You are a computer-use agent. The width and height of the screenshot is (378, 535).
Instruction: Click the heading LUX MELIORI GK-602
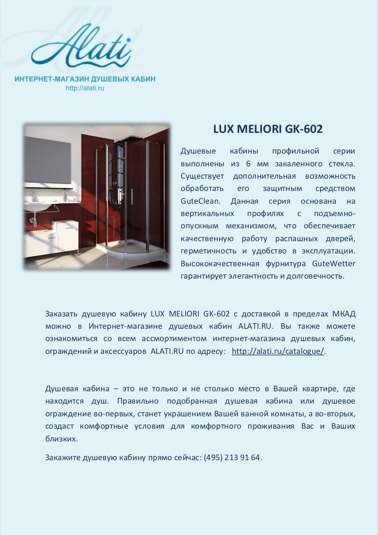tap(268, 129)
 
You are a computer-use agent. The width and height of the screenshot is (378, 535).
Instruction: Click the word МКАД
tap(343, 314)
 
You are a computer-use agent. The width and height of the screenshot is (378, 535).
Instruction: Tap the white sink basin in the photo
tap(37, 205)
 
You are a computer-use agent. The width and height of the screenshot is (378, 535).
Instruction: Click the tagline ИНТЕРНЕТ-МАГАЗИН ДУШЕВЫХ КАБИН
tap(85, 79)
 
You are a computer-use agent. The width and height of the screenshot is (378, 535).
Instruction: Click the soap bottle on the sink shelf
tap(63, 195)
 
